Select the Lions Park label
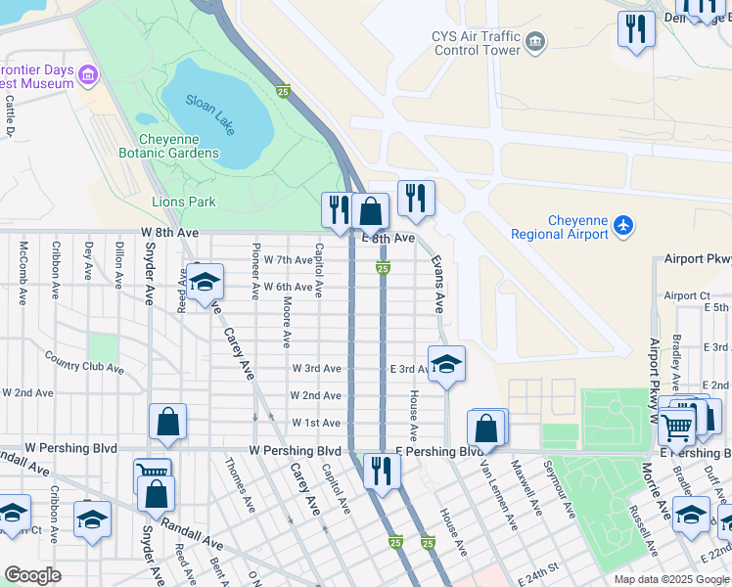[183, 202]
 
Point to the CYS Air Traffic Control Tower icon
[535, 41]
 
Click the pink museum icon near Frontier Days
[88, 75]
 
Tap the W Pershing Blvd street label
[295, 450]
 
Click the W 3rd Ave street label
[316, 368]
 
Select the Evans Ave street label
[437, 279]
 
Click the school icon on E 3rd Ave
[446, 365]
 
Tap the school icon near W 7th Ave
[205, 283]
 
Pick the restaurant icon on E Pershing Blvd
[379, 471]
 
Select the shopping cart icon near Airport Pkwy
[677, 426]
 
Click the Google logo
[33, 575]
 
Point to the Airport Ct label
[686, 295]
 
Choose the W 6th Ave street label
[288, 287]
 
